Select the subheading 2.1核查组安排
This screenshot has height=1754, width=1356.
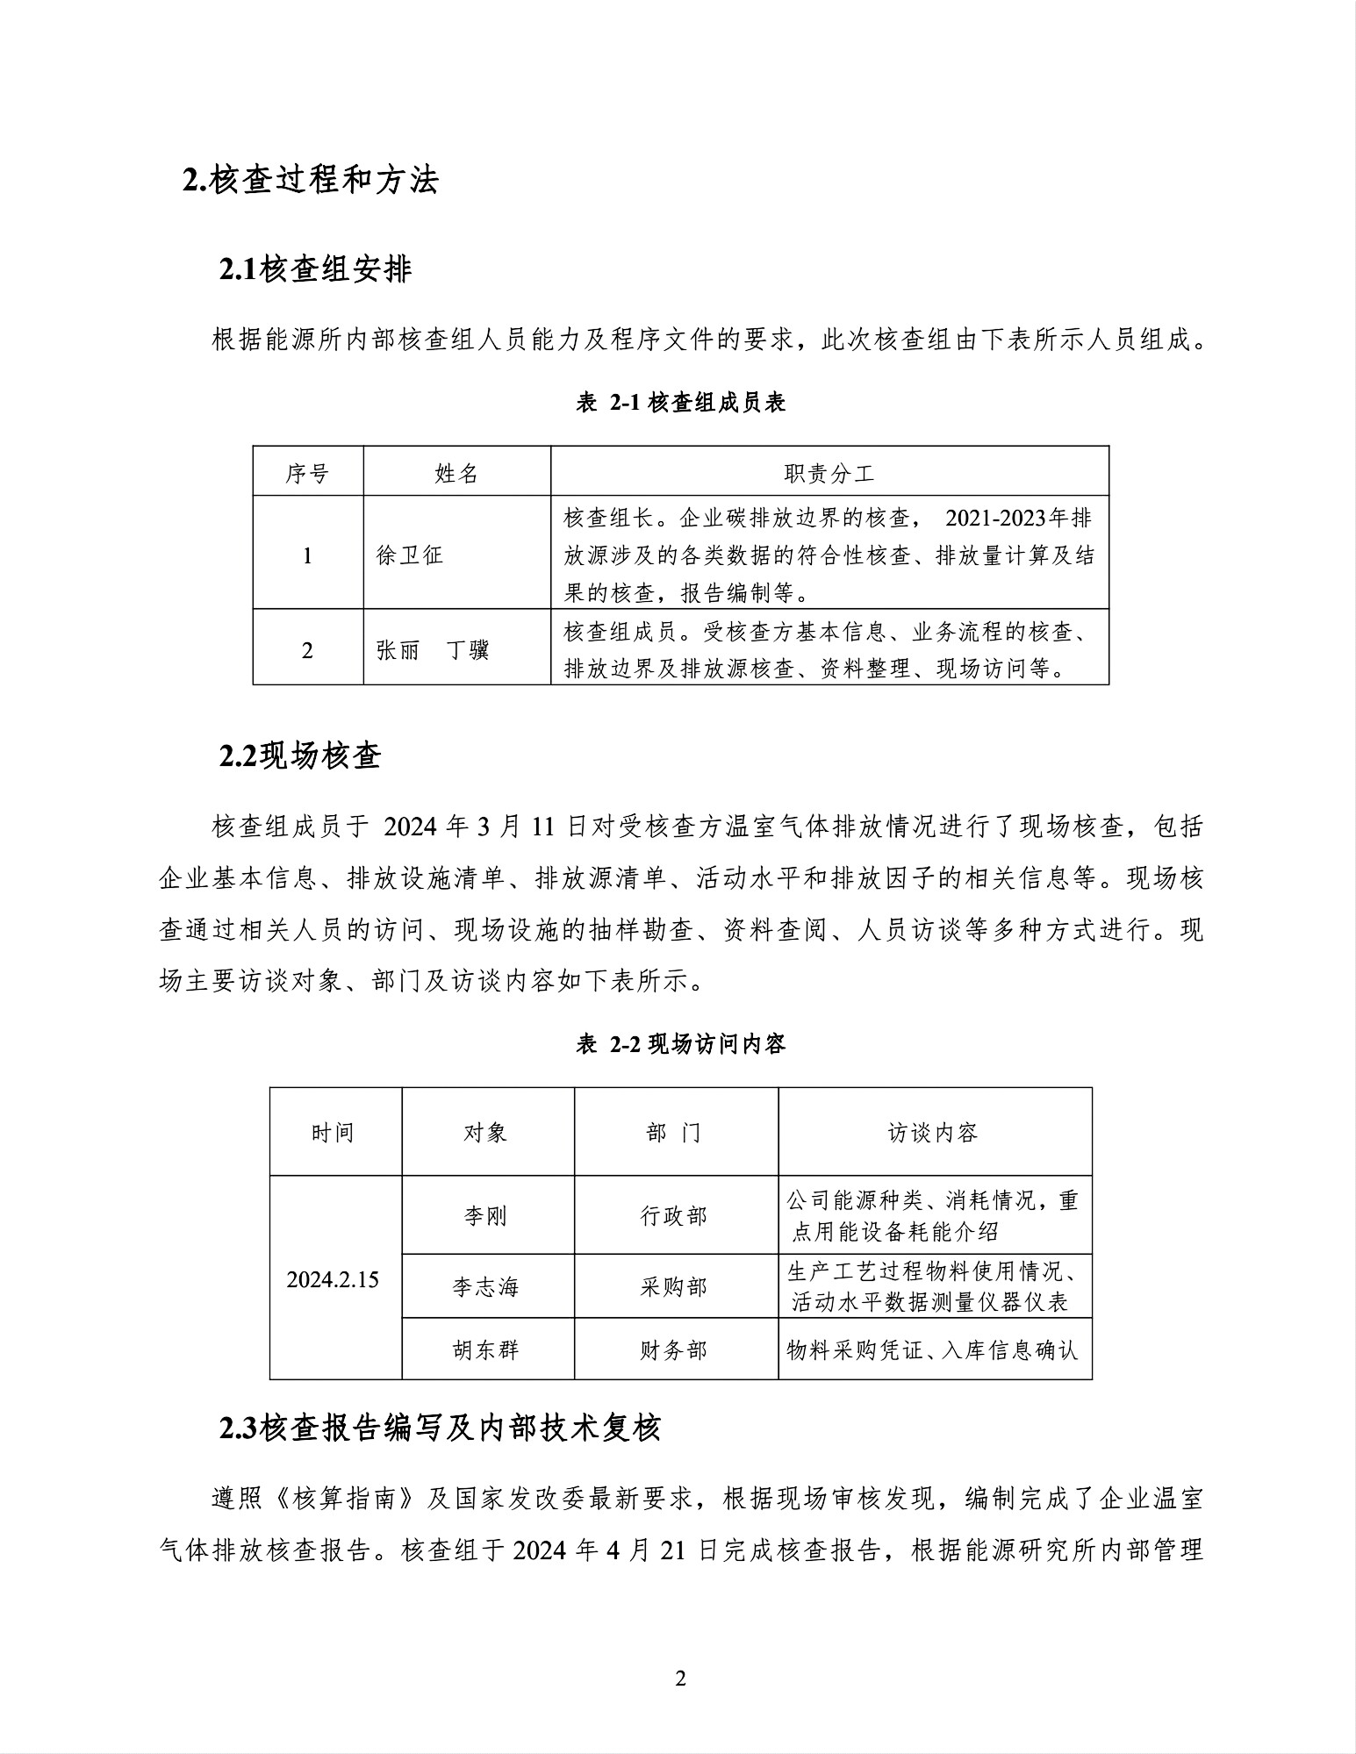315,269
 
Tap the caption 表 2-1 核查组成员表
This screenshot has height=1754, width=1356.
680,403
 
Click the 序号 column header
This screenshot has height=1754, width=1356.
307,474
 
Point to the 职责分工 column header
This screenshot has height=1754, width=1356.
829,474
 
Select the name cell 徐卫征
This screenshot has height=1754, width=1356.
410,555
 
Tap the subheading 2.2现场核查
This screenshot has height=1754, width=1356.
300,755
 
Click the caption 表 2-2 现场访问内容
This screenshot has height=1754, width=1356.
680,1044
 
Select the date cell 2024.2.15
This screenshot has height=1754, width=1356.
333,1279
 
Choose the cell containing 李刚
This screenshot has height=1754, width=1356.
486,1216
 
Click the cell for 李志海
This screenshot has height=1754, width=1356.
486,1287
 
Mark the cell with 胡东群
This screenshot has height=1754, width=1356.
486,1350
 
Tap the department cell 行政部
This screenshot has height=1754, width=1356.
674,1216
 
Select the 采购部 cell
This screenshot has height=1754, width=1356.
674,1287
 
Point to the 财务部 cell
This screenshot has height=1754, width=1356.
674,1350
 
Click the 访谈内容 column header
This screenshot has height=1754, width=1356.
933,1133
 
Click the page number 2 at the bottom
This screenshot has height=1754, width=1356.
680,1679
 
